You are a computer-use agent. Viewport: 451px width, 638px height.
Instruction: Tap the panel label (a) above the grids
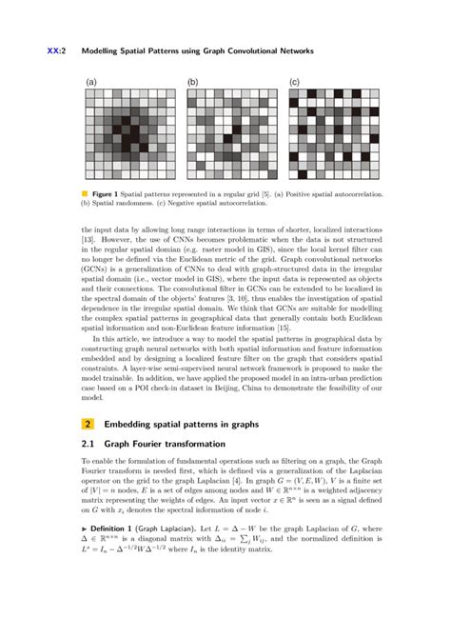pos(90,82)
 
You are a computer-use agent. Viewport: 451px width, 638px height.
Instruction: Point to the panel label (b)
pos(193,82)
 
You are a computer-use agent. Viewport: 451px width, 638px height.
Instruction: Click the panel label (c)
pos(294,82)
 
